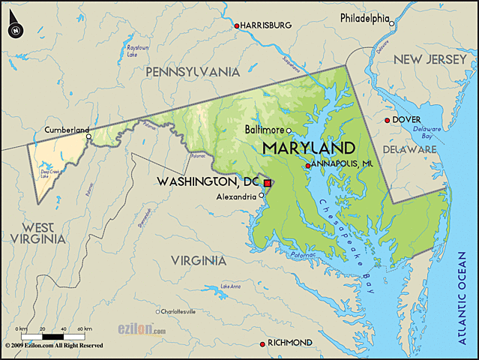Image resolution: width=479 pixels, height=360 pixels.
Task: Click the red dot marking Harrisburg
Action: (x=237, y=26)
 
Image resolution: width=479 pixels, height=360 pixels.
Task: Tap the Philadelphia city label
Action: (x=364, y=17)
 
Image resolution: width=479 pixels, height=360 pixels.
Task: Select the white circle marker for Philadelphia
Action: (x=391, y=24)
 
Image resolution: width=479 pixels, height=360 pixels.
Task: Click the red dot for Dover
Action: (x=387, y=120)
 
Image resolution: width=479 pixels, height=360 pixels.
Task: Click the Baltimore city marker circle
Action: (x=289, y=130)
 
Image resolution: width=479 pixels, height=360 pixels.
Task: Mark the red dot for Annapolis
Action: (x=307, y=166)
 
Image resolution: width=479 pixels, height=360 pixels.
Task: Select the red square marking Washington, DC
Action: (x=267, y=183)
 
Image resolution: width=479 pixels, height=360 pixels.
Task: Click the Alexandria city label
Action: (x=236, y=196)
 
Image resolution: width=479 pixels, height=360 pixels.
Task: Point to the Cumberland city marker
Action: (x=88, y=136)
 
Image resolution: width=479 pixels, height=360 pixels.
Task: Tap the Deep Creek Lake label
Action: (x=49, y=173)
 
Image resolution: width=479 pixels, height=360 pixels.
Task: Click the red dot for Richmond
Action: (x=262, y=343)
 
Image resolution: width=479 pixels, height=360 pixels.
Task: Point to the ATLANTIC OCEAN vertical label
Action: (x=463, y=301)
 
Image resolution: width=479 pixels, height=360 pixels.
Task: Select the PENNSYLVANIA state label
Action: (x=193, y=72)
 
